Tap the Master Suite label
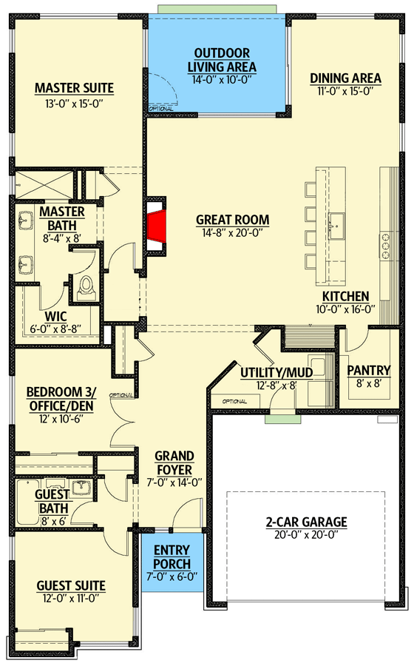tap(74, 89)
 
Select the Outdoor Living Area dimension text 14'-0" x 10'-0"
tap(221, 67)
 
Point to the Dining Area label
tap(345, 78)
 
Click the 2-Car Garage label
tap(306, 522)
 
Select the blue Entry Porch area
tap(172, 562)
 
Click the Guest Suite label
tap(71, 586)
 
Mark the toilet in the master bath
tap(86, 286)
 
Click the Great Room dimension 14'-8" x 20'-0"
tap(232, 233)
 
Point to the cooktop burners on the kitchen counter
tap(386, 244)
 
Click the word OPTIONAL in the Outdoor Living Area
tap(160, 109)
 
